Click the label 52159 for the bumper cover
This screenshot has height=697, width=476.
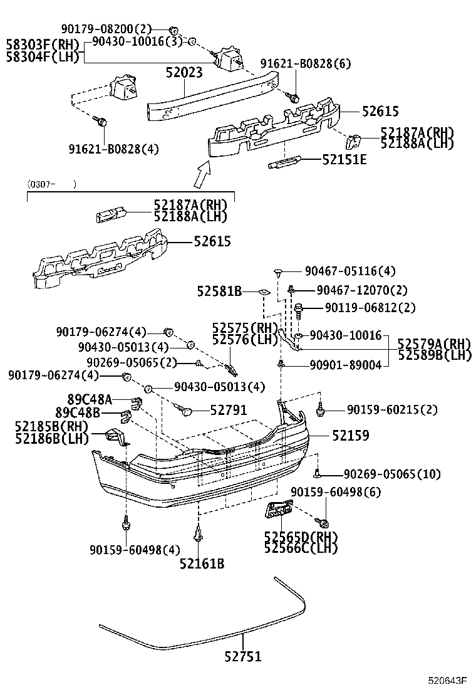[350, 435]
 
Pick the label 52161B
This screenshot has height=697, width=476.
[202, 563]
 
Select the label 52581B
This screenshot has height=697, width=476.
[219, 291]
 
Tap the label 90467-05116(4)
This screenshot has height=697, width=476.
[350, 271]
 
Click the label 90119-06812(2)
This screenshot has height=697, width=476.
[361, 308]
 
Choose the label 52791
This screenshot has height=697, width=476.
[228, 410]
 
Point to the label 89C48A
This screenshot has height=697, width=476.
[89, 399]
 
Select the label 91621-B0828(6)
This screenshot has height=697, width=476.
[306, 64]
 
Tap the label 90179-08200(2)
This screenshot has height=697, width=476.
[106, 29]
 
